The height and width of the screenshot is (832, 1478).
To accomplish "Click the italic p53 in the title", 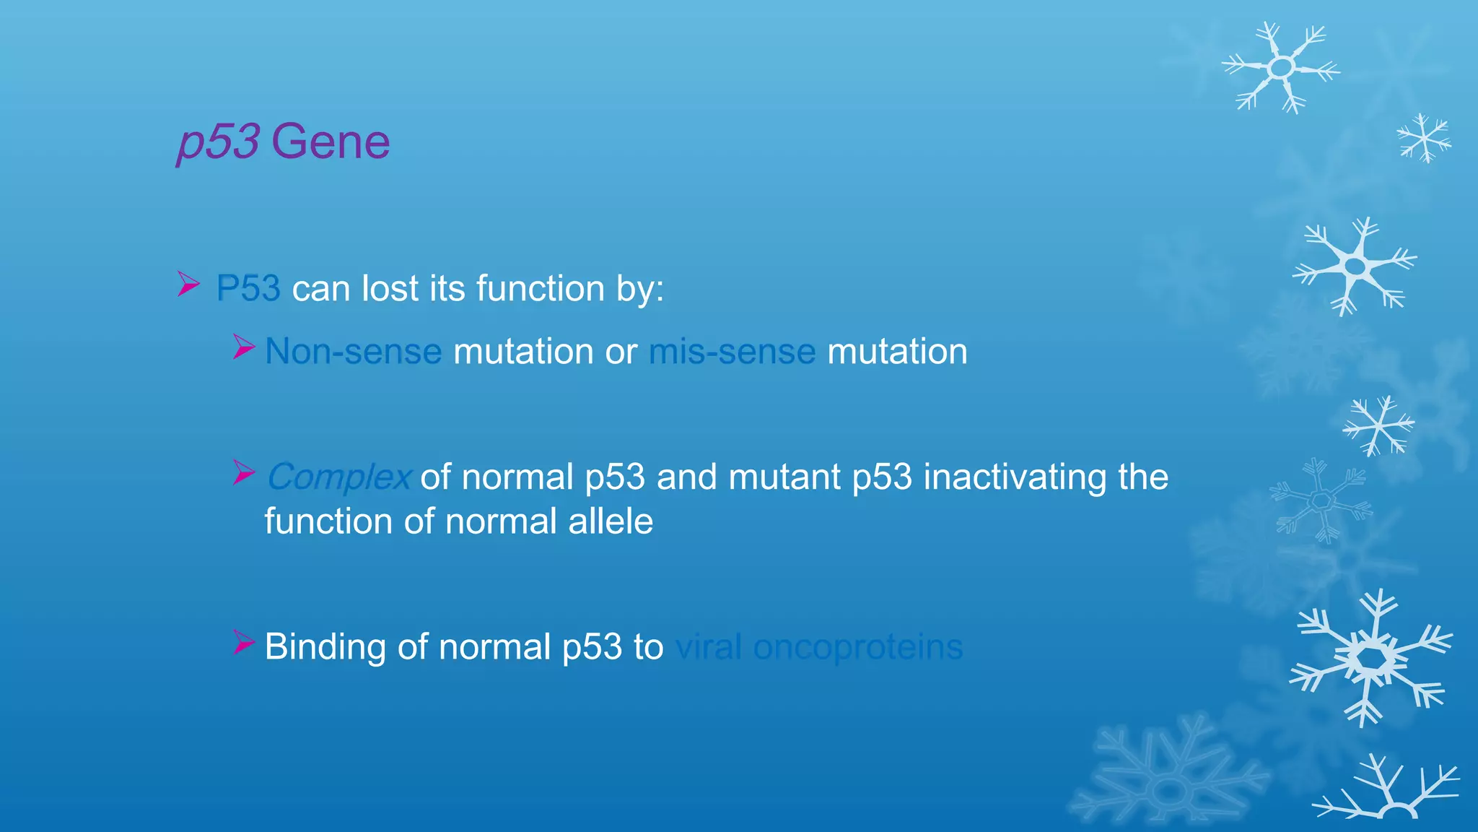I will coord(218,142).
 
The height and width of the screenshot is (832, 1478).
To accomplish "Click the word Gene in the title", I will coord(331,142).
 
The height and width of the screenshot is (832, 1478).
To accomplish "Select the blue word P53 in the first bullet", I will coord(248,289).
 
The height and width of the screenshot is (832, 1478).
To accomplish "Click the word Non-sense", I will coord(353,352).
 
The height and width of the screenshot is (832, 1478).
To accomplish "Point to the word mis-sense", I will coord(732,352).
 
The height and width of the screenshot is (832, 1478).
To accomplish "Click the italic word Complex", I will coord(338,477).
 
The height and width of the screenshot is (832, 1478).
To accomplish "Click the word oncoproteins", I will coord(857,646).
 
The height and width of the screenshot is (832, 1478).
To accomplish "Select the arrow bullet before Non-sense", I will coord(244,347).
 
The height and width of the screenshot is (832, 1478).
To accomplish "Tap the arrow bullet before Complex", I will coord(244,473).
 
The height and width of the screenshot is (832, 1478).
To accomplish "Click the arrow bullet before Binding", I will coord(244,642).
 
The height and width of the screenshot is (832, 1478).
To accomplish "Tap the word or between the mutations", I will coord(621,352).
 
